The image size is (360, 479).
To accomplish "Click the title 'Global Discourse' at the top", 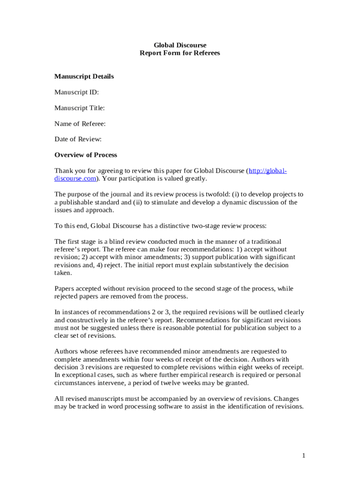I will coord(180,45).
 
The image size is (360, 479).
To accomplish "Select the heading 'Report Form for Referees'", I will coord(180,53).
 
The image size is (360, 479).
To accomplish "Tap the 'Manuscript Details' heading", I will coord(84,76).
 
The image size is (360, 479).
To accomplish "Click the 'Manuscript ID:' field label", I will coord(77,92).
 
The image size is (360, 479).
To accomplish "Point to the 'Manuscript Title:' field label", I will coord(79,108).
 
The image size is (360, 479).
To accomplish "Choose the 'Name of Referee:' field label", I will coord(80,123).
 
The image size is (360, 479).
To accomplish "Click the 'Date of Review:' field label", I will coord(78,139).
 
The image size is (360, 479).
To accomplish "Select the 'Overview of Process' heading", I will coord(86,155).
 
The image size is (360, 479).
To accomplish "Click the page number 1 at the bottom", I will coord(303,456).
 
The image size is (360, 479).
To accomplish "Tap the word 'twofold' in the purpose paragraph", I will coord(220,194).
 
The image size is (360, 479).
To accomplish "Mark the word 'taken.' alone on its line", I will coord(64,273).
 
